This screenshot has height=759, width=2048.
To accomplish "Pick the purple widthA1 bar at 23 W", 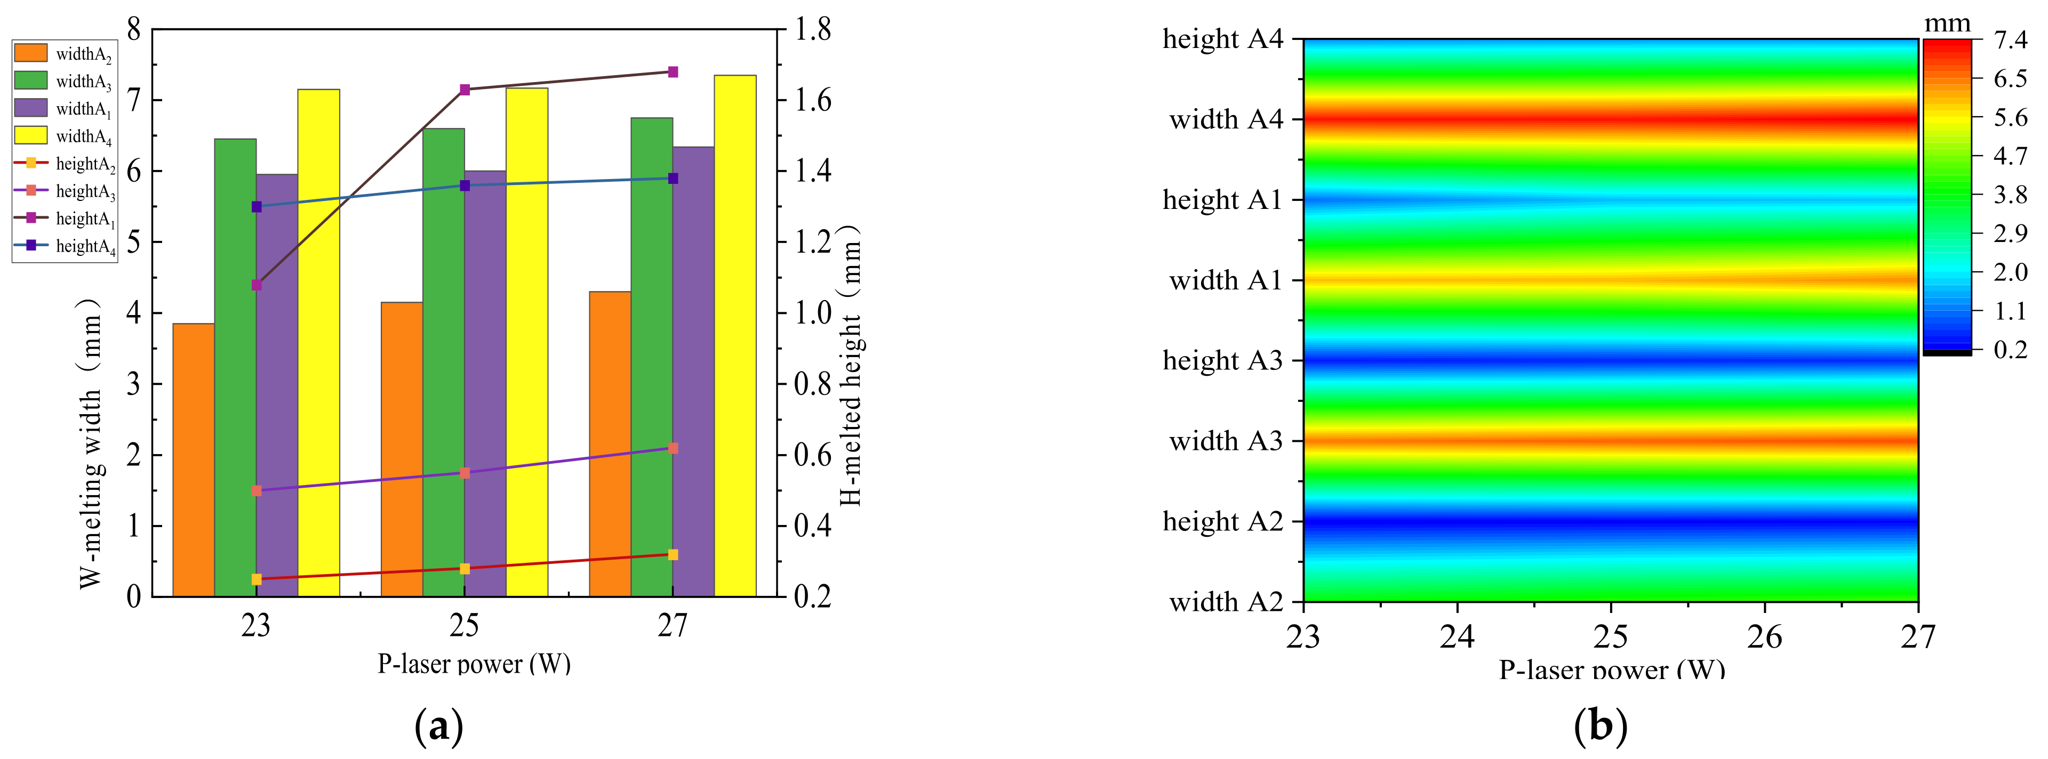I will point(277,385).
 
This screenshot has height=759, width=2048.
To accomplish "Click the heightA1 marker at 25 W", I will point(465,90).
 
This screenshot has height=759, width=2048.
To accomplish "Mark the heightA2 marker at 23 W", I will point(256,579).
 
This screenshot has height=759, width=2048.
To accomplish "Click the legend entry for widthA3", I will point(63,81).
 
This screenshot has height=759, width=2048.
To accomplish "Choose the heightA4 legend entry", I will point(63,246).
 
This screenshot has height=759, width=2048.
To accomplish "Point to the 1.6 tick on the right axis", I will point(812,101).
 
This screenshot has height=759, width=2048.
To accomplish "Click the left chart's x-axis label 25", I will point(465,626).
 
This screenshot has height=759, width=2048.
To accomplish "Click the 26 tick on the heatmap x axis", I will point(1764,636).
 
